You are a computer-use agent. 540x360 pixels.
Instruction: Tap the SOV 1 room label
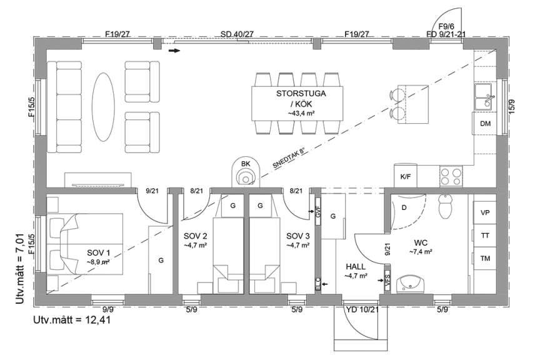99,256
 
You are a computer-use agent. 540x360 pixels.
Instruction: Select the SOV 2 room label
196,240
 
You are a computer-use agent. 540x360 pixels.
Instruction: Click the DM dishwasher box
485,124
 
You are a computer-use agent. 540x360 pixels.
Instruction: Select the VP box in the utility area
485,213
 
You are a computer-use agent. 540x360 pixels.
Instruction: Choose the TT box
485,236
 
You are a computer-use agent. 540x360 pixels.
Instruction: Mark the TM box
485,258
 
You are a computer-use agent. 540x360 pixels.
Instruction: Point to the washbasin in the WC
411,282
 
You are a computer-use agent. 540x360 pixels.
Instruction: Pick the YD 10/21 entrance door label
362,309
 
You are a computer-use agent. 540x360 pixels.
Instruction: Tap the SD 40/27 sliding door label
237,34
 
